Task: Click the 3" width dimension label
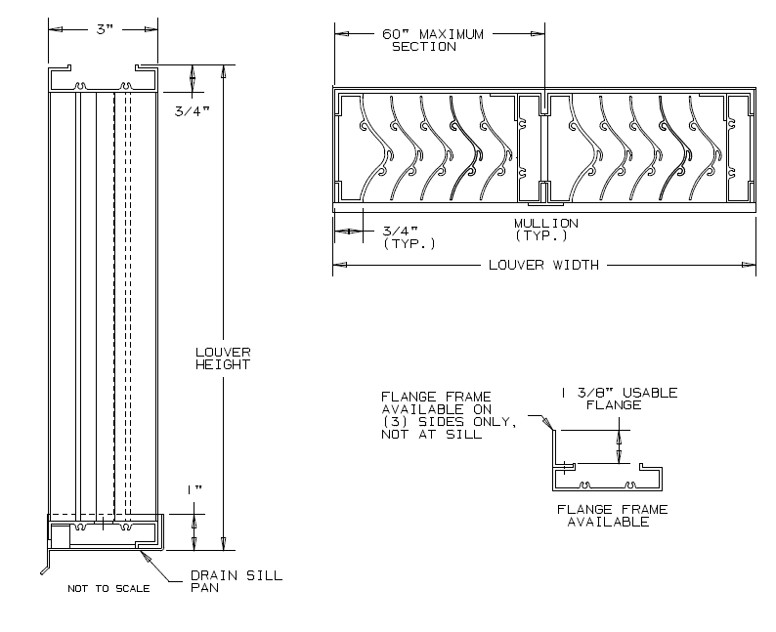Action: [105, 30]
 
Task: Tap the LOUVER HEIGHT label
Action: [223, 358]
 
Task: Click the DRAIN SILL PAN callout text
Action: [236, 581]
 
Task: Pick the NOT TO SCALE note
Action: [108, 589]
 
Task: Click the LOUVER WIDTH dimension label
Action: [543, 265]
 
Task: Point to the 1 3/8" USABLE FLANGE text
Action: [619, 399]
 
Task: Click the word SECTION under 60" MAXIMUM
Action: [424, 47]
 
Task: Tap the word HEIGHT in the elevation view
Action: [223, 364]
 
